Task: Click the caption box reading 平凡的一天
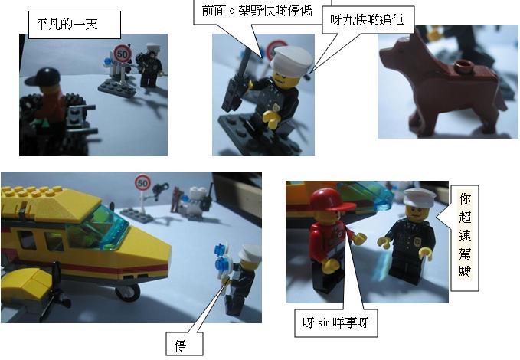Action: [x=74, y=25]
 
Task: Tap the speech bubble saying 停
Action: [x=185, y=344]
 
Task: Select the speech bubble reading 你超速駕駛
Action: [x=465, y=238]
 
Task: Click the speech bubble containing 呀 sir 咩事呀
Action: [x=336, y=322]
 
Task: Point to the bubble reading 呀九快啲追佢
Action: [x=368, y=20]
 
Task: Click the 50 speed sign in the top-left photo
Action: [x=123, y=54]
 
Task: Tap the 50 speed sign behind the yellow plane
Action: [x=143, y=183]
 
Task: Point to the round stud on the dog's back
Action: [x=463, y=66]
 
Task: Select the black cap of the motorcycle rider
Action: [x=44, y=77]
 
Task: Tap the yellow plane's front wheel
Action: [x=128, y=293]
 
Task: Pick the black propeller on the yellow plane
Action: [x=57, y=291]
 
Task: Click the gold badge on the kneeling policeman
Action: [x=276, y=106]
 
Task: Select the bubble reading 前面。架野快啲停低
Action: [x=257, y=11]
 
